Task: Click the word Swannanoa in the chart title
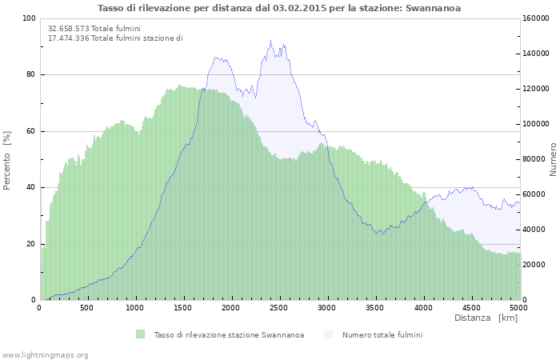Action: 433,8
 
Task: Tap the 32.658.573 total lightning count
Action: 69,29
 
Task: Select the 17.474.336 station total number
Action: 69,38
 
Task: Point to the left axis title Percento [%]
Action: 7,160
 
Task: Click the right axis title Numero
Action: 553,159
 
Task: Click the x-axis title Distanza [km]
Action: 486,318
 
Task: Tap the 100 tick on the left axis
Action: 29,18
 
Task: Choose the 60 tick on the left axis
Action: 30,131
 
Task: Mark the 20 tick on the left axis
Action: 30,244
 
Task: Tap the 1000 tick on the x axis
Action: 135,307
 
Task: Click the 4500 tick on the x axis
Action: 471,307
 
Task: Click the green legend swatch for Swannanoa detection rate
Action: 141,334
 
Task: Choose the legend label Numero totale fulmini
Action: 382,335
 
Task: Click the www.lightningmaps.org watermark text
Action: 46,354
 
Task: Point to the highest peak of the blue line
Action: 270,41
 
